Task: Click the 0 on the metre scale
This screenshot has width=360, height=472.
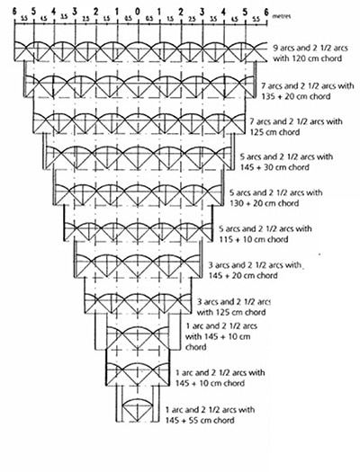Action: tap(138, 12)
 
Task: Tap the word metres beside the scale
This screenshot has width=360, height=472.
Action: tap(282, 16)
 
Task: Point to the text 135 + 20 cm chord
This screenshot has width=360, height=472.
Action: tap(296, 96)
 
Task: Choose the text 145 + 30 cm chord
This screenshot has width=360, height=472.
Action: tap(274, 167)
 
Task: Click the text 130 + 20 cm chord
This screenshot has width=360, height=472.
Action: tap(265, 203)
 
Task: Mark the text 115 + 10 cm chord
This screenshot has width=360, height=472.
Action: tap(254, 239)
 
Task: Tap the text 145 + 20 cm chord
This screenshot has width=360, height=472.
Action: tap(243, 275)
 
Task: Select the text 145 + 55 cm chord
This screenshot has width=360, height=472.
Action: tap(200, 420)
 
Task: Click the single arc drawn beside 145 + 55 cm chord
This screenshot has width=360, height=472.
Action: tap(138, 400)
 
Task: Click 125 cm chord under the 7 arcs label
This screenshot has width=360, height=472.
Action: tap(274, 132)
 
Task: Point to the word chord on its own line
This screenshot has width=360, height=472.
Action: tap(196, 347)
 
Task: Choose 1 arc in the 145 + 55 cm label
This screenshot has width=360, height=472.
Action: tap(176, 410)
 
